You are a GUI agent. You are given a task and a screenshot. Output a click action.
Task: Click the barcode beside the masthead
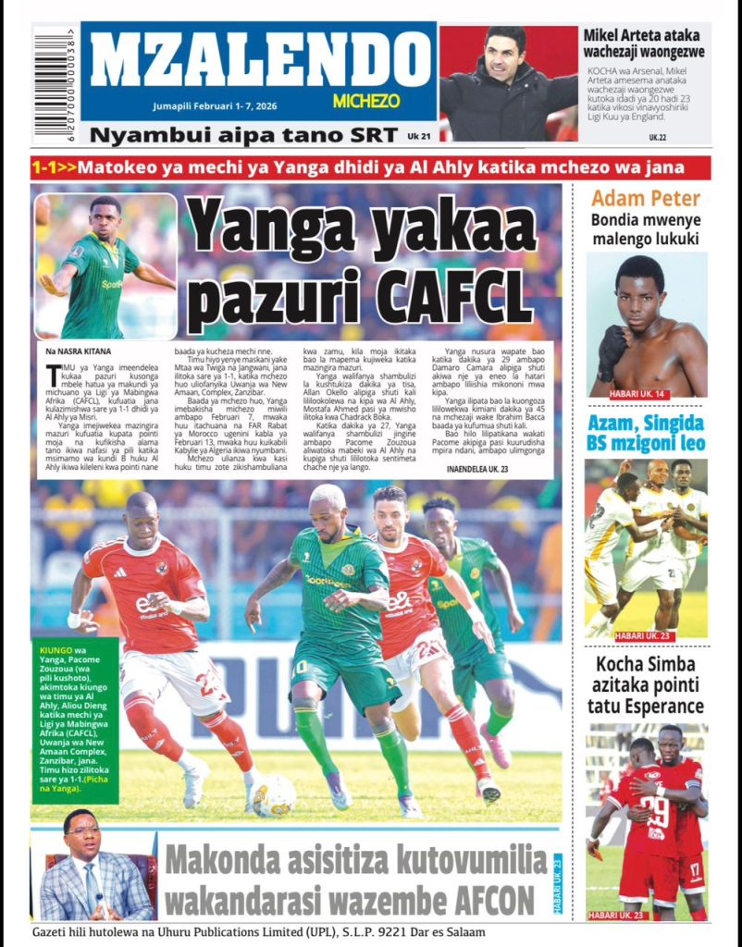55,84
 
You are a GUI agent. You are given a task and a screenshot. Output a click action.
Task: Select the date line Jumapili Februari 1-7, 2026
217,106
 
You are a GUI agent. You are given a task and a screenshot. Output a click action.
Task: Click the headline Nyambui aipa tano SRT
249,135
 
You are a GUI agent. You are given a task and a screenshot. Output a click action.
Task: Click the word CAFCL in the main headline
459,296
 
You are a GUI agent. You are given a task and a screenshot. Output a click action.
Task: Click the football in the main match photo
274,794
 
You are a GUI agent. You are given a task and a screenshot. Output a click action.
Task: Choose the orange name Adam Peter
646,197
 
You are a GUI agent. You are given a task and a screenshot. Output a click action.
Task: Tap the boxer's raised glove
611,346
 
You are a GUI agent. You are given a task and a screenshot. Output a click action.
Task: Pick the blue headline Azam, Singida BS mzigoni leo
646,433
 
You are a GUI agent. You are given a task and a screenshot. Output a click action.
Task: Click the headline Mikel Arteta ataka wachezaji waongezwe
644,43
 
